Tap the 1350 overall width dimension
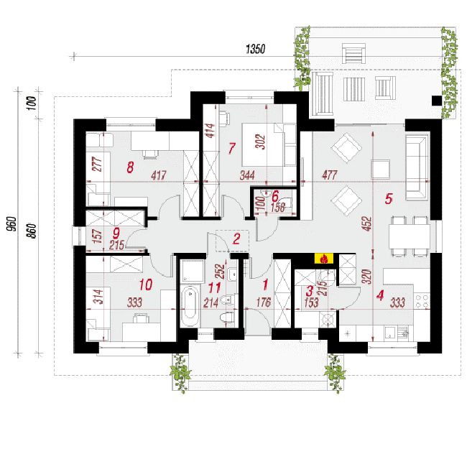tap(256, 49)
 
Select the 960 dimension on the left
tap(12, 223)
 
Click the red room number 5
tap(389, 199)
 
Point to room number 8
tap(130, 167)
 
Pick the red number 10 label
tap(146, 285)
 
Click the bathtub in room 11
tap(190, 306)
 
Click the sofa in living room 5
tap(417, 167)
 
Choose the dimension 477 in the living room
tap(329, 175)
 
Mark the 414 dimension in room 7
tap(211, 131)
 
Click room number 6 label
tap(275, 197)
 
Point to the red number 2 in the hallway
tap(236, 239)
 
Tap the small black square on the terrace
tap(437, 101)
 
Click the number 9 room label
tap(116, 233)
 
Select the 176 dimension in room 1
tap(264, 302)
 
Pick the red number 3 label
tap(310, 291)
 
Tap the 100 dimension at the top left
tap(32, 103)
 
